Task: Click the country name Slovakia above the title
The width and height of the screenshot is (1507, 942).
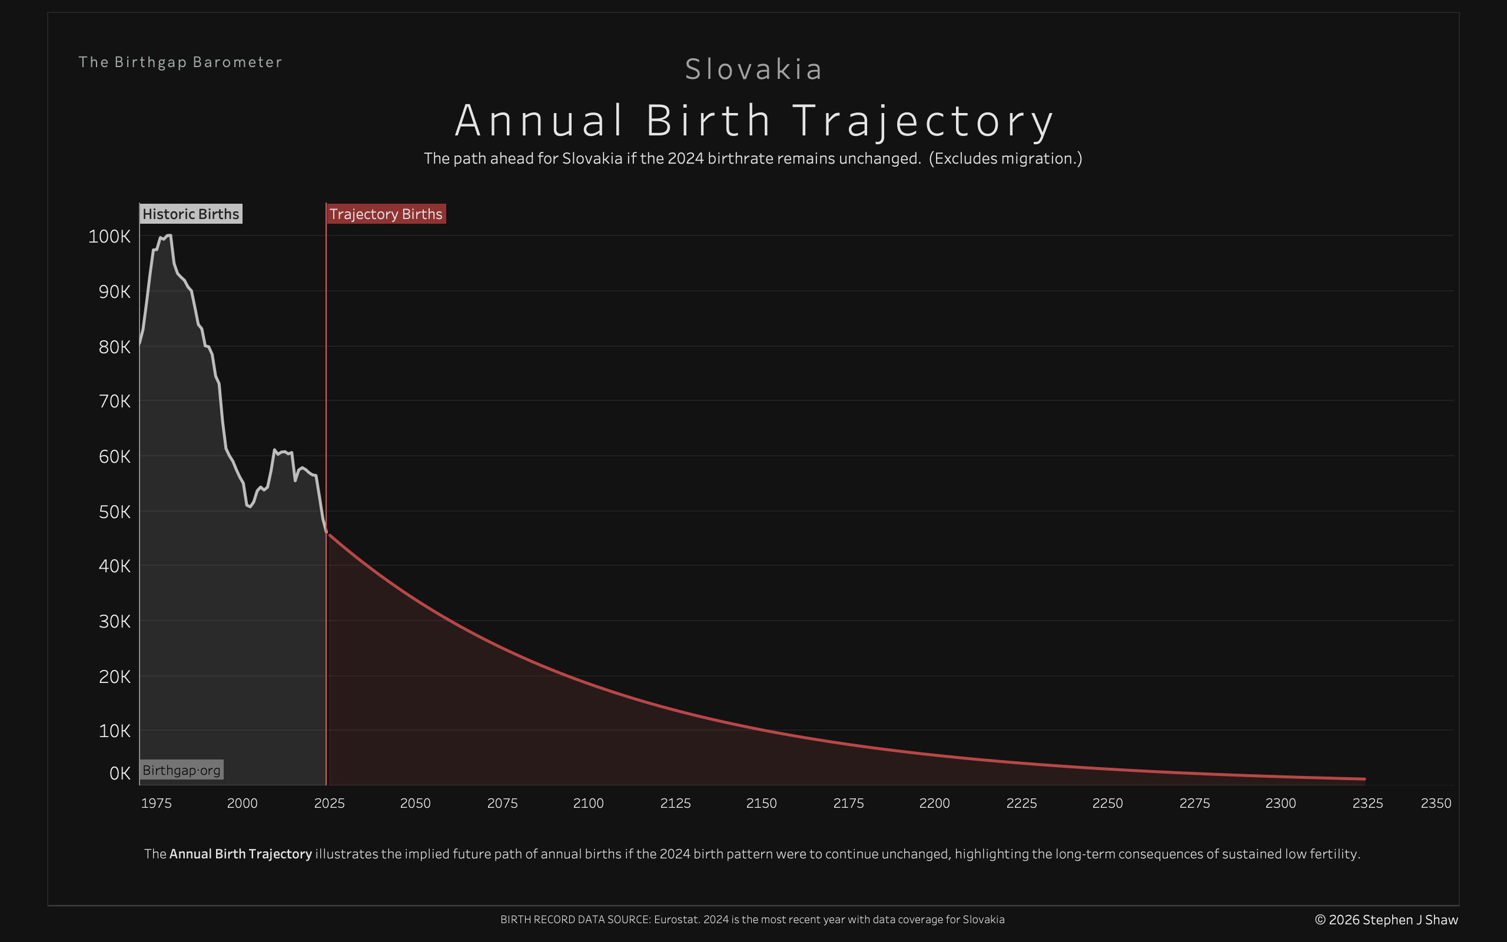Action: pyautogui.click(x=753, y=69)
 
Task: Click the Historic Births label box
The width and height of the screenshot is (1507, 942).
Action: pyautogui.click(x=191, y=214)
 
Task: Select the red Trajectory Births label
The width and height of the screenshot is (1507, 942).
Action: pyautogui.click(x=386, y=214)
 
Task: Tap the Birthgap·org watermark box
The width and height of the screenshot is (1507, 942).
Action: pyautogui.click(x=181, y=770)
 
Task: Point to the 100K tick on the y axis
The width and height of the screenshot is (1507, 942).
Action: pyautogui.click(x=109, y=237)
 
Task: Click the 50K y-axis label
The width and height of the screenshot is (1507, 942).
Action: pyautogui.click(x=115, y=512)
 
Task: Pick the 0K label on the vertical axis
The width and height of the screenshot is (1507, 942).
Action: pyautogui.click(x=120, y=774)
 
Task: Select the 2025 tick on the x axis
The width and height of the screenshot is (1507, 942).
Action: pyautogui.click(x=329, y=803)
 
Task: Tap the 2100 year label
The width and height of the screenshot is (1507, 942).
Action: pyautogui.click(x=588, y=803)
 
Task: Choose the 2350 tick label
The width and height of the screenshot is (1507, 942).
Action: pyautogui.click(x=1435, y=803)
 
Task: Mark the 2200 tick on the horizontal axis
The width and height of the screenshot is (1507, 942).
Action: pyautogui.click(x=934, y=803)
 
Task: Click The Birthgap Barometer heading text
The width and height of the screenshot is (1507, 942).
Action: pyautogui.click(x=180, y=62)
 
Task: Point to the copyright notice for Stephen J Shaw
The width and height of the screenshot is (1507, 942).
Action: pyautogui.click(x=1386, y=920)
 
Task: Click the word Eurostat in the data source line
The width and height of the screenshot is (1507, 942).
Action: pyautogui.click(x=676, y=920)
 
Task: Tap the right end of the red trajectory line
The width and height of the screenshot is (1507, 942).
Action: pyautogui.click(x=1364, y=779)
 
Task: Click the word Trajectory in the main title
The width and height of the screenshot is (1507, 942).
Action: pyautogui.click(x=923, y=121)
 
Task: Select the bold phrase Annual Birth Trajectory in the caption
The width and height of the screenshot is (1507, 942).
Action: pyautogui.click(x=240, y=854)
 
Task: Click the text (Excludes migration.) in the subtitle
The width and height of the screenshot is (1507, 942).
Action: pyautogui.click(x=1005, y=158)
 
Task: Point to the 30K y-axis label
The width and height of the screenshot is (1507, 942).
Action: pyautogui.click(x=115, y=621)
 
